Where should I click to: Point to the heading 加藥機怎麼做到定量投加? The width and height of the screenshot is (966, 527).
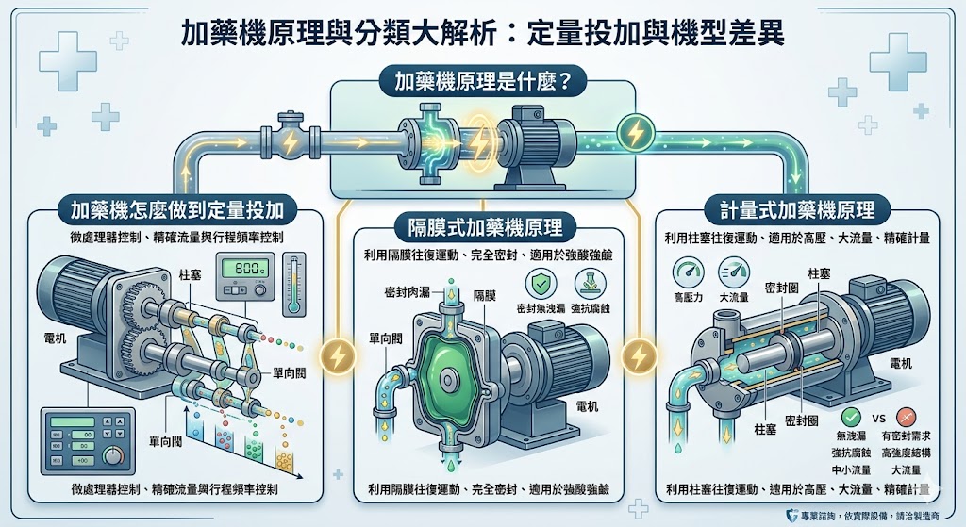(177, 208)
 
